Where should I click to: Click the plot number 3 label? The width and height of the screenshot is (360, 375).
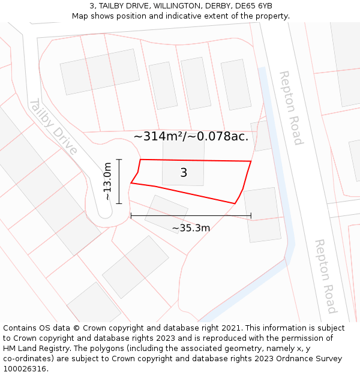pyautogui.click(x=184, y=173)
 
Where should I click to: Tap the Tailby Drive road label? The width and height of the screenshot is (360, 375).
pyautogui.click(x=53, y=126)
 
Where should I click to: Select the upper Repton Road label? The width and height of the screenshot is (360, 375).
pyautogui.click(x=290, y=107)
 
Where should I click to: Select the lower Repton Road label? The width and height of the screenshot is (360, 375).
pyautogui.click(x=325, y=276)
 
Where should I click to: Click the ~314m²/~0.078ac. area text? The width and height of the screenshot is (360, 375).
pyautogui.click(x=191, y=136)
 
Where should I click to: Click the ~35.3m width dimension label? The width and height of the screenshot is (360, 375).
pyautogui.click(x=191, y=228)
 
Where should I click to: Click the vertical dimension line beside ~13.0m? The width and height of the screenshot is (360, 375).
pyautogui.click(x=119, y=181)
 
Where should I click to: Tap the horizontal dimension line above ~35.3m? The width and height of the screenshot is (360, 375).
pyautogui.click(x=191, y=215)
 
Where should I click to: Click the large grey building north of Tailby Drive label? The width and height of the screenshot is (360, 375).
pyautogui.click(x=100, y=72)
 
